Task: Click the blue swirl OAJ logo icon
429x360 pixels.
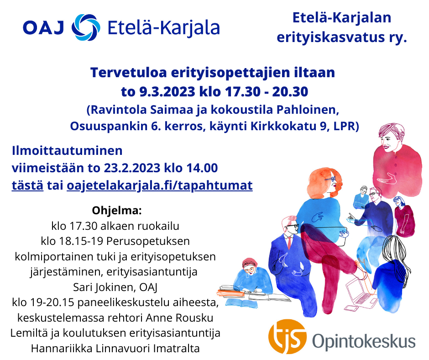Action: (x=86, y=27)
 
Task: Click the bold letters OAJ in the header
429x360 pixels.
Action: (x=44, y=28)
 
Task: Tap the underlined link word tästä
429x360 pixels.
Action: (x=27, y=185)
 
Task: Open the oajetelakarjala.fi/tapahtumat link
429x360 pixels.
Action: (x=160, y=186)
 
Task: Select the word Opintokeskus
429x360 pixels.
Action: (x=364, y=341)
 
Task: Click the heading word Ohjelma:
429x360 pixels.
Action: (x=117, y=211)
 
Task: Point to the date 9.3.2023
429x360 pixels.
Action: (x=167, y=91)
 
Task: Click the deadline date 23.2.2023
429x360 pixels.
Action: (x=132, y=168)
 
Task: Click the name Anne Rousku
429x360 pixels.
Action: (x=179, y=318)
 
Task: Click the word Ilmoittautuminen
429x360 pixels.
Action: (x=67, y=151)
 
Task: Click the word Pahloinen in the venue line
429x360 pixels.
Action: (x=308, y=110)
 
